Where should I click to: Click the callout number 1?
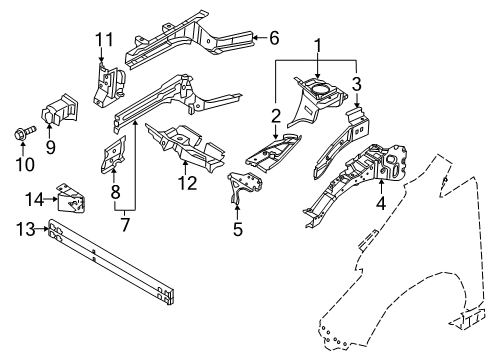(x=318, y=46)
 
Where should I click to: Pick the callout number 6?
(x=274, y=38)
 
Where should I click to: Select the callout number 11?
(x=100, y=39)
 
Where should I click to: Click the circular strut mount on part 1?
(x=318, y=92)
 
